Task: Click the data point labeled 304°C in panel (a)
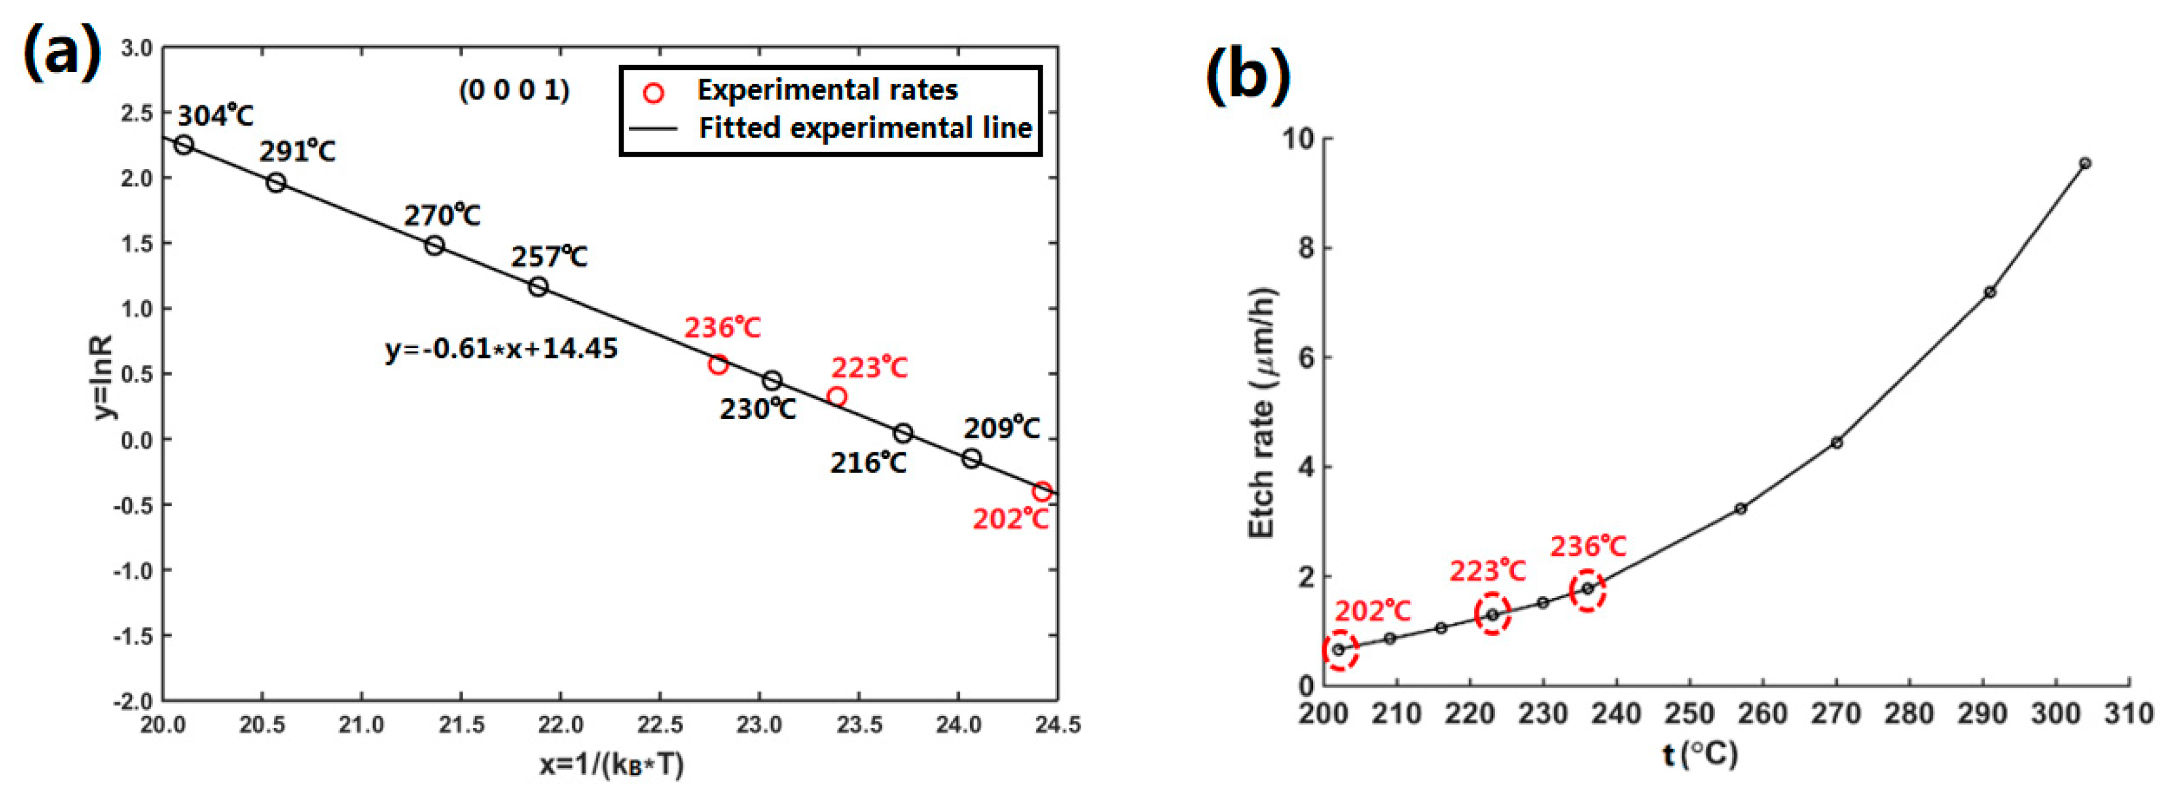click(184, 144)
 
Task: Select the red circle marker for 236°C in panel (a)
click(718, 364)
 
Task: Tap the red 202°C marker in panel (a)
click(1042, 492)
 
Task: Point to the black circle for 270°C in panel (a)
click(434, 245)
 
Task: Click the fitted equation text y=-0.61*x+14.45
click(501, 348)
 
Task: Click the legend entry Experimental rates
click(826, 89)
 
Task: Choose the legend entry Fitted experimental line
click(864, 128)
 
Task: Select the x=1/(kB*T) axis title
click(611, 764)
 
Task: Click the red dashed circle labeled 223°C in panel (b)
click(1492, 614)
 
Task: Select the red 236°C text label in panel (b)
click(1588, 546)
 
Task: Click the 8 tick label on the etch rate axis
click(1306, 248)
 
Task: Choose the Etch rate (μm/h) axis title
click(1261, 413)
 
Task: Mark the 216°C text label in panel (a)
click(868, 463)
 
